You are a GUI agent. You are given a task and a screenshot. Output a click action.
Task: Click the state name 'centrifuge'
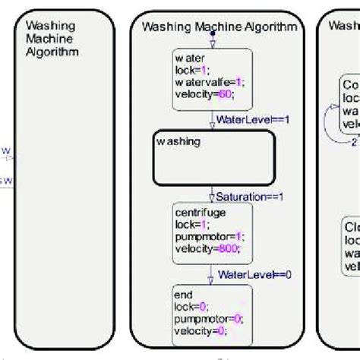197,214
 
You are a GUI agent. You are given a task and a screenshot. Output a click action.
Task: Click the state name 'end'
183,294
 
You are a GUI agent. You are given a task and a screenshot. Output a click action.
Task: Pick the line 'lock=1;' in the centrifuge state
190,226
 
